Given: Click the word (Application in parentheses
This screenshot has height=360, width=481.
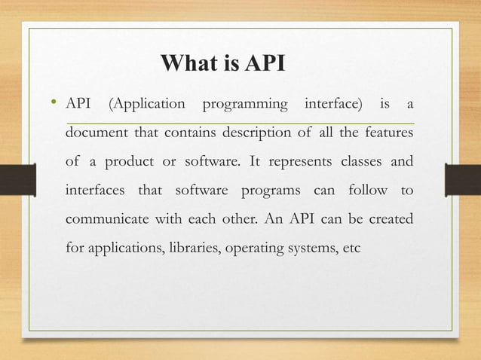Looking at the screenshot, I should (147, 103).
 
